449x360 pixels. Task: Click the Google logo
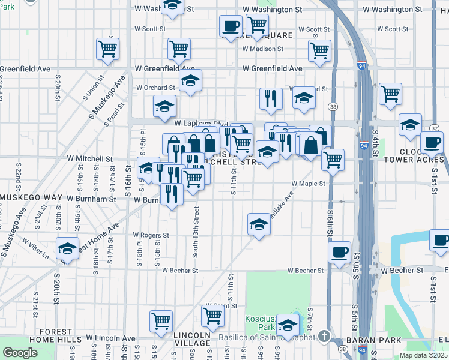tap(20, 353)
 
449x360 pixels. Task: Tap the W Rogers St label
tap(151, 235)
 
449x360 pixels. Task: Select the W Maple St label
tap(308, 184)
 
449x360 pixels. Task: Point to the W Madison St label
tap(262, 49)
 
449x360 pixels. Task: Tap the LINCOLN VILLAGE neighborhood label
tap(191, 339)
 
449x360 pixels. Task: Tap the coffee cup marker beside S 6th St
tap(339, 251)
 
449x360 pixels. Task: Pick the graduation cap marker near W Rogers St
tap(258, 225)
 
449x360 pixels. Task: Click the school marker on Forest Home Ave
tap(68, 248)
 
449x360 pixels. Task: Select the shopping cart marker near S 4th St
tap(390, 93)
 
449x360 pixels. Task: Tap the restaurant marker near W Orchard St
tap(271, 97)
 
